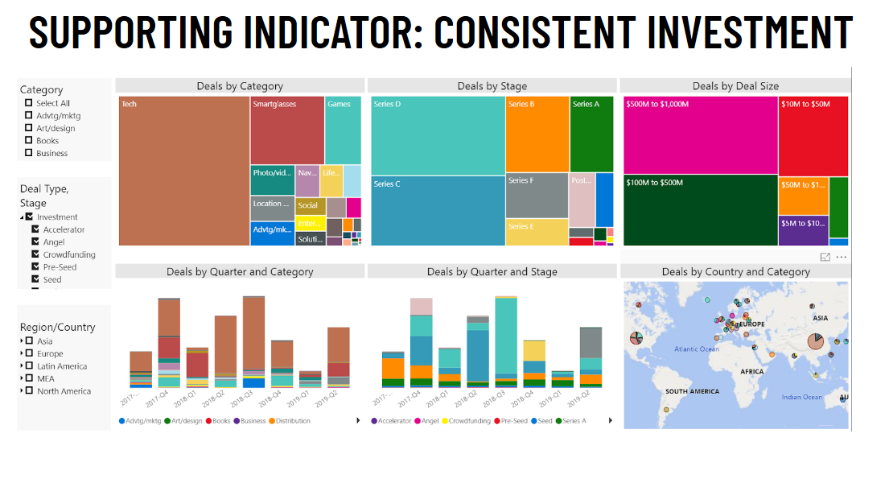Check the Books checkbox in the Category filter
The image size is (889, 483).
pyautogui.click(x=29, y=141)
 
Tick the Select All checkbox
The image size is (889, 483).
pyautogui.click(x=29, y=103)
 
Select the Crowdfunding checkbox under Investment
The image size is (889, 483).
pyautogui.click(x=35, y=254)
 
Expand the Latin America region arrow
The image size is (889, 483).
pyautogui.click(x=22, y=366)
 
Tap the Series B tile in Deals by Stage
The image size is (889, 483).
pyautogui.click(x=537, y=133)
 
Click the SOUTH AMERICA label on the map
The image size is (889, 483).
pyautogui.click(x=692, y=391)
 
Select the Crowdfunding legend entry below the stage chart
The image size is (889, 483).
pyautogui.click(x=469, y=421)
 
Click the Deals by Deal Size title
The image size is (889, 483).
pyautogui.click(x=735, y=86)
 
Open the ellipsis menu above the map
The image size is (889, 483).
pyautogui.click(x=842, y=257)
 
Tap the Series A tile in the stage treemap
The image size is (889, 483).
pyautogui.click(x=591, y=133)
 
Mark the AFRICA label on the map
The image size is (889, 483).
pyautogui.click(x=752, y=372)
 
